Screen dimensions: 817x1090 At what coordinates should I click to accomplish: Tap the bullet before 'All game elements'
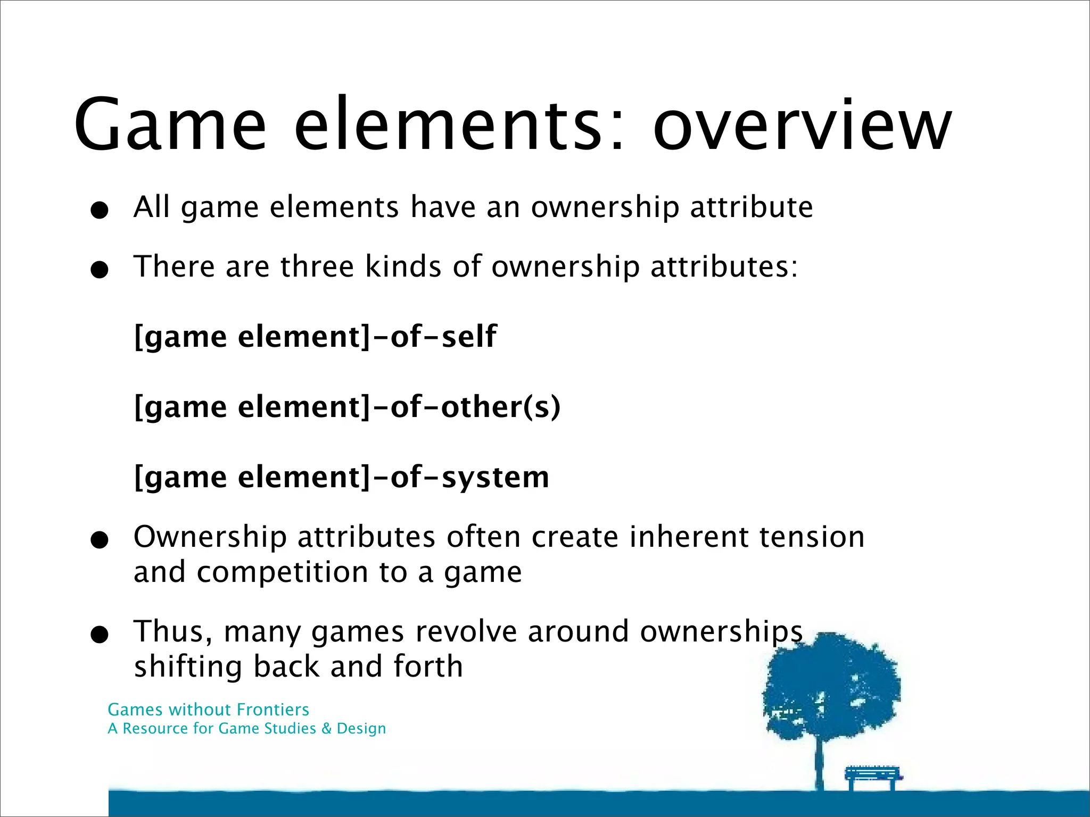pyautogui.click(x=100, y=210)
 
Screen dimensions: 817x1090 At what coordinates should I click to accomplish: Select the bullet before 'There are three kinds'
pyautogui.click(x=100, y=270)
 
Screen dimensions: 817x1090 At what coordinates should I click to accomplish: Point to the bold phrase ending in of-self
pyautogui.click(x=315, y=336)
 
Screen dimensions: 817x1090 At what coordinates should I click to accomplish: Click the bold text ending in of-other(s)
pyautogui.click(x=347, y=407)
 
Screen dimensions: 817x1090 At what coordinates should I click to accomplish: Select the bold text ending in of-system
pyautogui.click(x=341, y=477)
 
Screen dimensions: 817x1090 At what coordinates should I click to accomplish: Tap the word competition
pyautogui.click(x=282, y=572)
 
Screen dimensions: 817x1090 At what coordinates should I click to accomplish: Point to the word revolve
pyautogui.click(x=466, y=632)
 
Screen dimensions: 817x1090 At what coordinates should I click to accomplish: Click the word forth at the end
pyautogui.click(x=428, y=666)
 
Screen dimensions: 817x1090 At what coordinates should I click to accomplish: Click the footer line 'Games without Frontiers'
pyautogui.click(x=208, y=710)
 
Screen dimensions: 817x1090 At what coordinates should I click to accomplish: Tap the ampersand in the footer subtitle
pyautogui.click(x=326, y=728)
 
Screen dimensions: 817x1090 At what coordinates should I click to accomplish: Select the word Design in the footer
pyautogui.click(x=361, y=729)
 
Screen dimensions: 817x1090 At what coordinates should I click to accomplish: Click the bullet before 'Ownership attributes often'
pyautogui.click(x=100, y=540)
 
